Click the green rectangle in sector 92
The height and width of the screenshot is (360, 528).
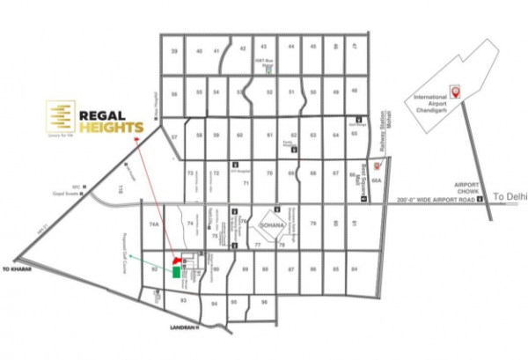click(x=180, y=271)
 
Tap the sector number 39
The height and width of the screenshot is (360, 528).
click(x=174, y=53)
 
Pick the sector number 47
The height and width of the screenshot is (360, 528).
click(x=355, y=45)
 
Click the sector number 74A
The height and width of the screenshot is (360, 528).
click(x=154, y=226)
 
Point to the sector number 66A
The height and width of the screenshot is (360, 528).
click(x=376, y=180)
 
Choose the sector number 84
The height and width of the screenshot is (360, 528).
click(x=354, y=268)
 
